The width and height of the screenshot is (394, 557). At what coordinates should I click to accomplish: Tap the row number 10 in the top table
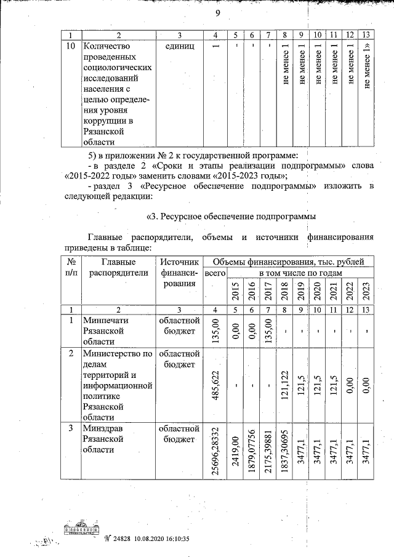(x=71, y=46)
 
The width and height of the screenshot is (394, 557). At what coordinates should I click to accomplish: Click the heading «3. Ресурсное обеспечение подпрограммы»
(x=231, y=217)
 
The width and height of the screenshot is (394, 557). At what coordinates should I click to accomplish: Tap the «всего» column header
(x=215, y=273)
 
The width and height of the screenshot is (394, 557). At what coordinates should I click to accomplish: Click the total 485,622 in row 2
(x=215, y=385)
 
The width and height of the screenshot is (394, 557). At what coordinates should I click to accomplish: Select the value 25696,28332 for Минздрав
(x=215, y=451)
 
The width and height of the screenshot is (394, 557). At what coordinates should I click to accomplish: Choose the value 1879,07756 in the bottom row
(x=251, y=451)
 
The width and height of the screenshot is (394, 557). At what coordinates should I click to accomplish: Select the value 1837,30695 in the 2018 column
(x=284, y=451)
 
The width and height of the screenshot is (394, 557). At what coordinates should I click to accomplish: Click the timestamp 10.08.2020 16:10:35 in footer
(x=161, y=538)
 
